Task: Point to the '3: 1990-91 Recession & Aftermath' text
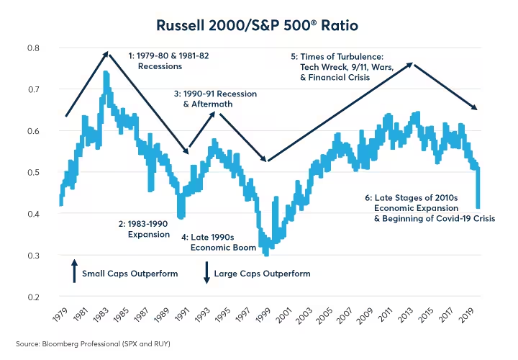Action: point(215,99)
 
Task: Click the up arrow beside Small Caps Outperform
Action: point(74,273)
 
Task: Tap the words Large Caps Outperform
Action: point(262,274)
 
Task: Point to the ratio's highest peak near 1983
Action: point(106,72)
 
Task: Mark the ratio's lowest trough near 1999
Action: point(266,253)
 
